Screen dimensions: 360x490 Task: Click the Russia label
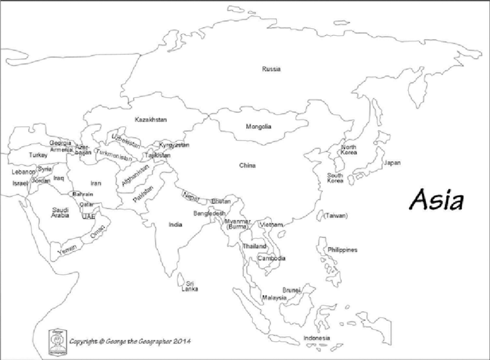271,69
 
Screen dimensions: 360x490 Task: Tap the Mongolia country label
258,127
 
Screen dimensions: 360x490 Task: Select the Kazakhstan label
150,120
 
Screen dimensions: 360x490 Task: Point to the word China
247,166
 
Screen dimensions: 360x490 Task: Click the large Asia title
436,200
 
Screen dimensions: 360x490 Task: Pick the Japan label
392,163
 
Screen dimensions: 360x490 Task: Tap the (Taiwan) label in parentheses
336,215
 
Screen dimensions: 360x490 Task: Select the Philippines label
342,250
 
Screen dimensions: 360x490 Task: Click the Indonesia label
316,338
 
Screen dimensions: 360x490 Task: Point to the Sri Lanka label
189,286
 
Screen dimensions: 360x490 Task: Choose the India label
176,225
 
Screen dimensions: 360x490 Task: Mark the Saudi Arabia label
61,213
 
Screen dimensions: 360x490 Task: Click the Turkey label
39,156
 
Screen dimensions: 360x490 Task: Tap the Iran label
96,183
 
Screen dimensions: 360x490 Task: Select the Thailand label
254,247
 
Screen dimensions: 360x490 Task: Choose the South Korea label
336,178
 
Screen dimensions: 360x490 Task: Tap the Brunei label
291,290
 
